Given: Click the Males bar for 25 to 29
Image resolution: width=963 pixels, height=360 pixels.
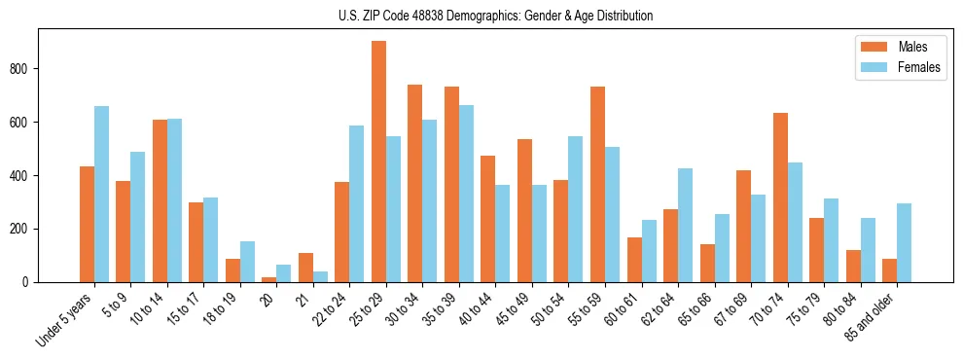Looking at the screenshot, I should [378, 162].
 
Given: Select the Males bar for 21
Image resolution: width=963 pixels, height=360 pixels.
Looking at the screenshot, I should [305, 268].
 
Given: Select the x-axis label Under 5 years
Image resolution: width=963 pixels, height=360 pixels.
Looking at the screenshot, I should [66, 320].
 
